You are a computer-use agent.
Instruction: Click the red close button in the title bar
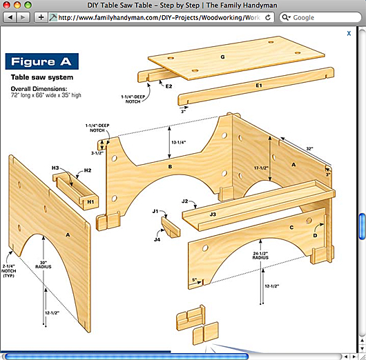(x=6, y=5)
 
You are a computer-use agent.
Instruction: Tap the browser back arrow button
(x=10, y=17)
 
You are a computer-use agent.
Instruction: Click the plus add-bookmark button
(x=41, y=17)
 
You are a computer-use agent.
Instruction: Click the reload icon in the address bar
(x=268, y=17)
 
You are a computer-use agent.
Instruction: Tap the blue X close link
(x=349, y=33)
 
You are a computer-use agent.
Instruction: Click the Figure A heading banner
(x=42, y=61)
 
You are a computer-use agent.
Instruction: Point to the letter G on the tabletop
(x=222, y=57)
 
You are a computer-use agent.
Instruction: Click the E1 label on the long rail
(x=259, y=86)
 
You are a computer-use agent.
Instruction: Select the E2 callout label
(x=168, y=86)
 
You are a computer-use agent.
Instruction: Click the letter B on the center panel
(x=170, y=167)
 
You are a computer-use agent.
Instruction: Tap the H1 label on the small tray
(x=90, y=201)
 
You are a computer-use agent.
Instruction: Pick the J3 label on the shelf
(x=213, y=214)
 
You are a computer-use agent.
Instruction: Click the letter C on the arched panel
(x=291, y=228)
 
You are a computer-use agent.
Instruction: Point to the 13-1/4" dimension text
(x=179, y=142)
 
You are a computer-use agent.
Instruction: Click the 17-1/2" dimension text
(x=261, y=168)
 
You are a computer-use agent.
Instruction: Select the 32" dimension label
(x=310, y=148)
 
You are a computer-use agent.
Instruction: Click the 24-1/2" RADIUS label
(x=260, y=256)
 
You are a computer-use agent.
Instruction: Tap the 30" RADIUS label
(x=44, y=265)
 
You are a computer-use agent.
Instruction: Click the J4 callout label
(x=157, y=239)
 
